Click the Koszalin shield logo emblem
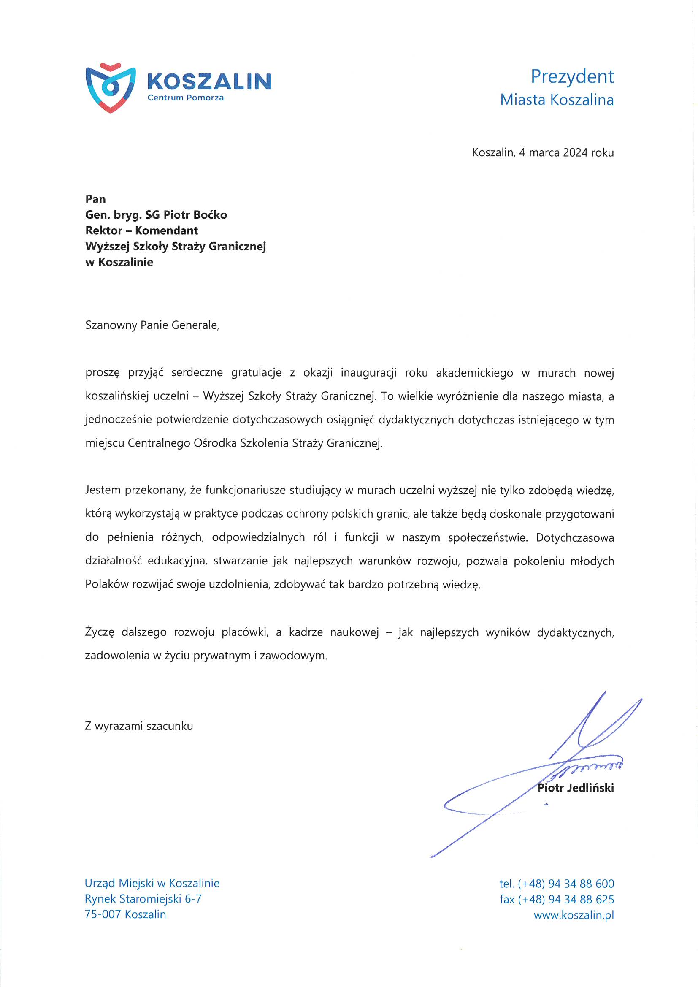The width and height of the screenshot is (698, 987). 111,88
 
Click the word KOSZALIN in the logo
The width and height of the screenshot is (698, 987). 208,81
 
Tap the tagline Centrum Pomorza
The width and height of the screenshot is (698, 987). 185,98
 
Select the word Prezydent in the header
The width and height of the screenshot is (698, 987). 572,76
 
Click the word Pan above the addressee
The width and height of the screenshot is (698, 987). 95,199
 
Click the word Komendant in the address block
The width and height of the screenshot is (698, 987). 166,231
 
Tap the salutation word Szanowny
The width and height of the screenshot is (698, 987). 111,325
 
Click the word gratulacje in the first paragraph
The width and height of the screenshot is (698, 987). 256,373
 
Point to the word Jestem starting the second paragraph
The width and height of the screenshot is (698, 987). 103,490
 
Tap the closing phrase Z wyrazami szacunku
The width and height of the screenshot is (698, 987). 139,726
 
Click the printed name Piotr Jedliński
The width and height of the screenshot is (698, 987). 576,788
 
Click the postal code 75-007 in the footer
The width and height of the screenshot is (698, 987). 103,914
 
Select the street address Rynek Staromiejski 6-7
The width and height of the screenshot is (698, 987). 143,899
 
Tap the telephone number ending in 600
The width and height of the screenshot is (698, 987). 565,884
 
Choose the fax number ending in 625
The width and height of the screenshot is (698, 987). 565,899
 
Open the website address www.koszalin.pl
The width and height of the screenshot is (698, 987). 574,915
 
